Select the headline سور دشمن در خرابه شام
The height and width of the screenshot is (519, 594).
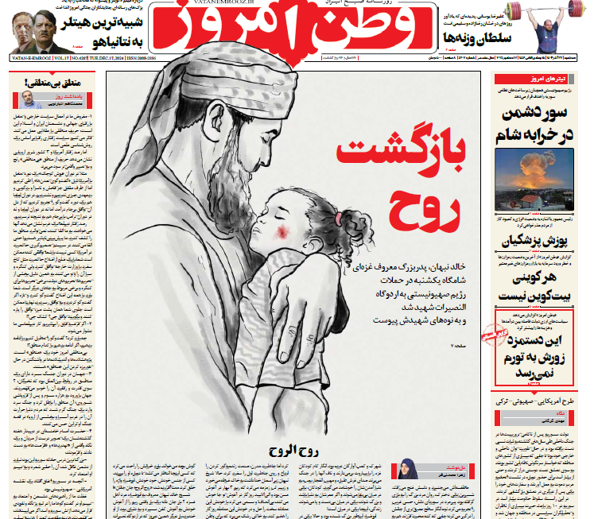coord(538,125)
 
